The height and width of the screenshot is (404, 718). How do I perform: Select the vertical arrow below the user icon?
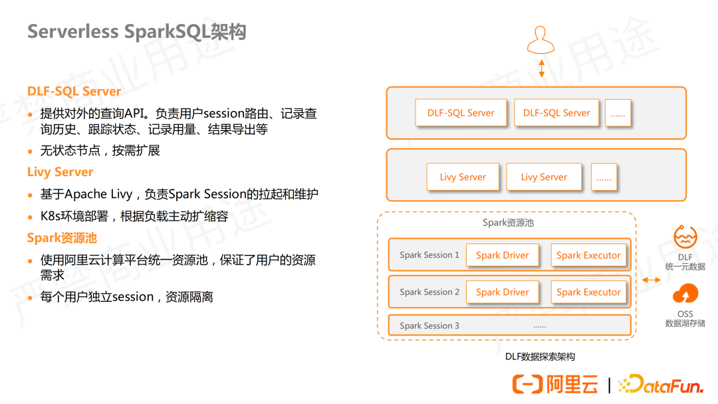click(x=542, y=69)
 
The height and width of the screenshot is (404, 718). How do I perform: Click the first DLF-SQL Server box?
click(x=461, y=113)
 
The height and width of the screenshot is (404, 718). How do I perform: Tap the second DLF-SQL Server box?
click(x=556, y=113)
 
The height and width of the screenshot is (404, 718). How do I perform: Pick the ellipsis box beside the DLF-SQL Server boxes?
click(x=618, y=114)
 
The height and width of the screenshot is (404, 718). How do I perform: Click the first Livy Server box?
click(x=463, y=177)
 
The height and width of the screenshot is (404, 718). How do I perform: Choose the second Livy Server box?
click(x=544, y=177)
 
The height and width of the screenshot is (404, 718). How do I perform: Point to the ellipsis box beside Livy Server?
click(x=604, y=177)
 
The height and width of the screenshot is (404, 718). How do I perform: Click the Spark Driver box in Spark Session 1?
click(x=503, y=255)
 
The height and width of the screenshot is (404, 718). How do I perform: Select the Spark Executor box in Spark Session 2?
click(x=588, y=292)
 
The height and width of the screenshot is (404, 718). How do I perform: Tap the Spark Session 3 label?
click(x=429, y=326)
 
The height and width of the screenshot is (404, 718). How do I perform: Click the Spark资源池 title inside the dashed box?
click(x=508, y=223)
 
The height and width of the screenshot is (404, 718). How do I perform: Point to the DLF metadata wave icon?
click(x=685, y=237)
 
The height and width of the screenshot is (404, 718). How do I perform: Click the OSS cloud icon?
click(x=685, y=294)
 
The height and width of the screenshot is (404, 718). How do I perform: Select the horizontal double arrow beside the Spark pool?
click(x=652, y=280)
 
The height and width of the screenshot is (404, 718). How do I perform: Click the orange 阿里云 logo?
click(x=555, y=384)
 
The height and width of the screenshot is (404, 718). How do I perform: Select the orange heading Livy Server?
click(x=60, y=172)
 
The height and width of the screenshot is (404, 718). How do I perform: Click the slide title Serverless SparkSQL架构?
click(x=136, y=31)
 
